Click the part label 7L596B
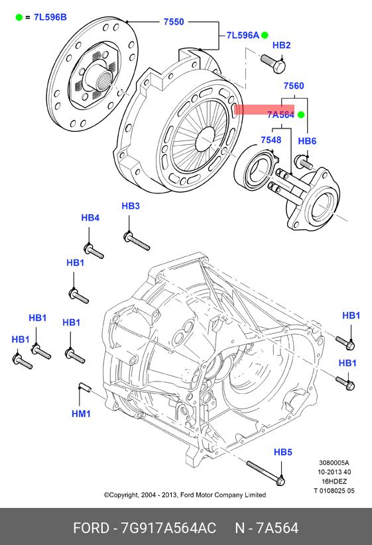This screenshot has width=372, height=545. pos(50,17)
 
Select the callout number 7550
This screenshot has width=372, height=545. pos(174,22)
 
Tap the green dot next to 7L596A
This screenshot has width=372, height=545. pos(265,35)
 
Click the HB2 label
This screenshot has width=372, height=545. pos(281,45)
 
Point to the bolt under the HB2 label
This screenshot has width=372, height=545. pos(273,64)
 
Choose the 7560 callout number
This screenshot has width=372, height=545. pos(294,86)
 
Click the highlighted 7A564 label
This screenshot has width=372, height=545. pos(280,115)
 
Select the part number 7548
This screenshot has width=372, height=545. pos(271,140)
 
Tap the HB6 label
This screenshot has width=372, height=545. pos(307,141)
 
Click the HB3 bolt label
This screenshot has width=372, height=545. pos(131,206)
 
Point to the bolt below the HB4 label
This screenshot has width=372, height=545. pos(94,251)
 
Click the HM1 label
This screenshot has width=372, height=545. pos(81,414)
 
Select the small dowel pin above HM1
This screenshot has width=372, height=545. pos(85,387)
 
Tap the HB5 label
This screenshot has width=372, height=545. pos(282,452)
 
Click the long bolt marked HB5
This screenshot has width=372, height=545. pos(266,473)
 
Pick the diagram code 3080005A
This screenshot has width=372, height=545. pos(334,463)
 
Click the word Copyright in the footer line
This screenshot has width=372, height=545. pos(124,495)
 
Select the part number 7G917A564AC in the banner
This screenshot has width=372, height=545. pos(168,528)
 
